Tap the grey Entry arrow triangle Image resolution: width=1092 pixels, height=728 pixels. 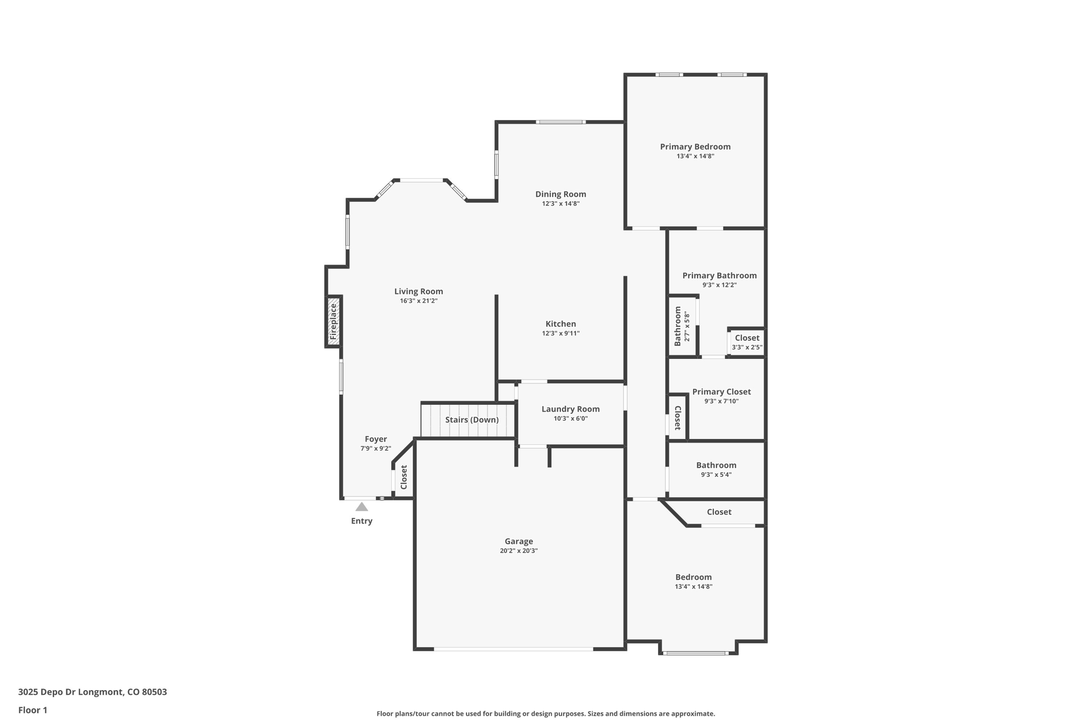pos(362,507)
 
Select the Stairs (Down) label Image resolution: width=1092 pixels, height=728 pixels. pos(472,420)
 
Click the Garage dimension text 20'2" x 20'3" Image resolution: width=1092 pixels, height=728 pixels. pos(518,551)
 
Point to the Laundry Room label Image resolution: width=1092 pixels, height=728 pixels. pos(571,409)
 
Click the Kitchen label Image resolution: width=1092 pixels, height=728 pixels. pos(560,324)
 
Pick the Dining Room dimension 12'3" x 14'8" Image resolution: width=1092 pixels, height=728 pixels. pos(560,204)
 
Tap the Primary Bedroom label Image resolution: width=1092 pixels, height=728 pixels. pos(695,147)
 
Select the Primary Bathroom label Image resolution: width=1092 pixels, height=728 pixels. pos(719,276)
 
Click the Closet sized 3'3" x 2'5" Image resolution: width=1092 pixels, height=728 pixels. pos(747,342)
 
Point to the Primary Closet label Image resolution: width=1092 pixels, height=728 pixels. pos(721,392)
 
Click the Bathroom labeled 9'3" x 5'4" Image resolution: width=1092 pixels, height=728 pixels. pos(716,469)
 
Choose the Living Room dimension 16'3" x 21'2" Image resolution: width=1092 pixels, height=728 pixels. pos(419,301)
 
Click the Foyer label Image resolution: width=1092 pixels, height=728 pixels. pos(376,439)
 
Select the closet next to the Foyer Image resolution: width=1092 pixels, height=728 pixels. pos(404,477)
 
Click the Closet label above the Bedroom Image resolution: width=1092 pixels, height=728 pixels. pos(719,512)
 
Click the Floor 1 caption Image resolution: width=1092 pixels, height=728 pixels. pos(33,710)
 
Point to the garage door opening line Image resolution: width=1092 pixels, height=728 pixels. pos(513,649)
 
